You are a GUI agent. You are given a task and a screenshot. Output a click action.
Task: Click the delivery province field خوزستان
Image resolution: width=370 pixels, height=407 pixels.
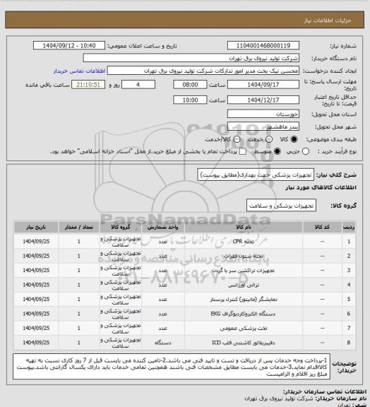click(x=269, y=113)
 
